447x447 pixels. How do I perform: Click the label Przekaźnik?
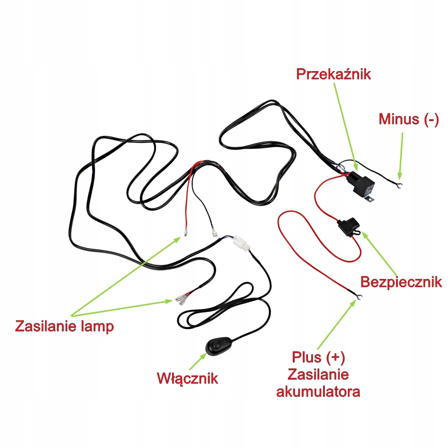pyautogui.click(x=333, y=74)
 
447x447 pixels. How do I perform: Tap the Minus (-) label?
pyautogui.click(x=409, y=119)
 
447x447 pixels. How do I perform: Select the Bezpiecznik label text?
pyautogui.click(x=401, y=282)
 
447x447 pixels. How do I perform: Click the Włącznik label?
pyautogui.click(x=187, y=378)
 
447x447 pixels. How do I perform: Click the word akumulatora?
pyautogui.click(x=318, y=391)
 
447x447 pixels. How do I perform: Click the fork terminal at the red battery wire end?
pyautogui.click(x=359, y=297)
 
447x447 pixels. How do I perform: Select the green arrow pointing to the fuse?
pyautogui.click(x=380, y=253)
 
